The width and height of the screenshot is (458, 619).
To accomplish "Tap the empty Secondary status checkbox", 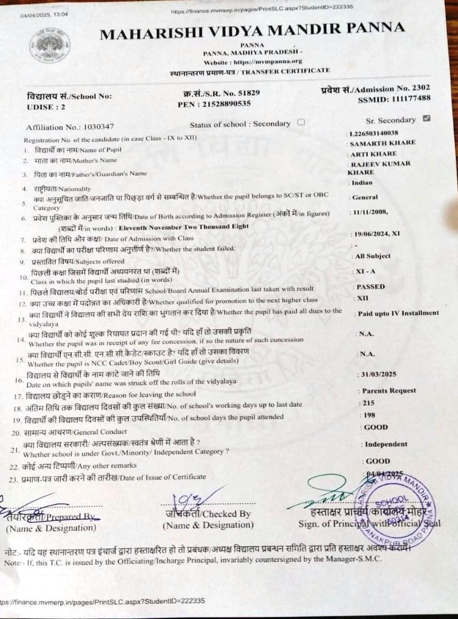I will pyautogui.click(x=301, y=122).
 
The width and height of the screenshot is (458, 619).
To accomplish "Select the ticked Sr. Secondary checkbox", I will pyautogui.click(x=426, y=118).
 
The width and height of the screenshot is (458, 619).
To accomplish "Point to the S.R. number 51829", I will pyautogui.click(x=245, y=93).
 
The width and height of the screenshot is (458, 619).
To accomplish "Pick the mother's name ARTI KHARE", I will pyautogui.click(x=374, y=154).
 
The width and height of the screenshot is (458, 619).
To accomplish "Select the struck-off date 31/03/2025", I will pyautogui.click(x=378, y=374).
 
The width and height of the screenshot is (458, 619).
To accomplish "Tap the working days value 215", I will pyautogui.click(x=368, y=403).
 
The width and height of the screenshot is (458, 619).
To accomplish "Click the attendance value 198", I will pyautogui.click(x=369, y=415).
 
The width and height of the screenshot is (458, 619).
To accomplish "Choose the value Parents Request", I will pyautogui.click(x=389, y=391).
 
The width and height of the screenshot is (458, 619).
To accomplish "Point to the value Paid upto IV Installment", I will pyautogui.click(x=398, y=313).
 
